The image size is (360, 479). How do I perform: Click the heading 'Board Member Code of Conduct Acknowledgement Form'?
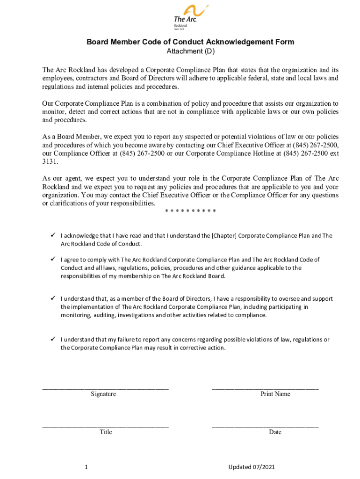190,42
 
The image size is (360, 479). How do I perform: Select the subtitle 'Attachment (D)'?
190,51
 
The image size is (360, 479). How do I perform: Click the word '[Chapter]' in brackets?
224,236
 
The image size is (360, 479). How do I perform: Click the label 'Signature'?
103,394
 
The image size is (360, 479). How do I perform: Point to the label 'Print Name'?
275,394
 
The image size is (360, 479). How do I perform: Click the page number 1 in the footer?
86,467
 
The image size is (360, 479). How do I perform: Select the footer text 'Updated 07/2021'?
251,467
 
